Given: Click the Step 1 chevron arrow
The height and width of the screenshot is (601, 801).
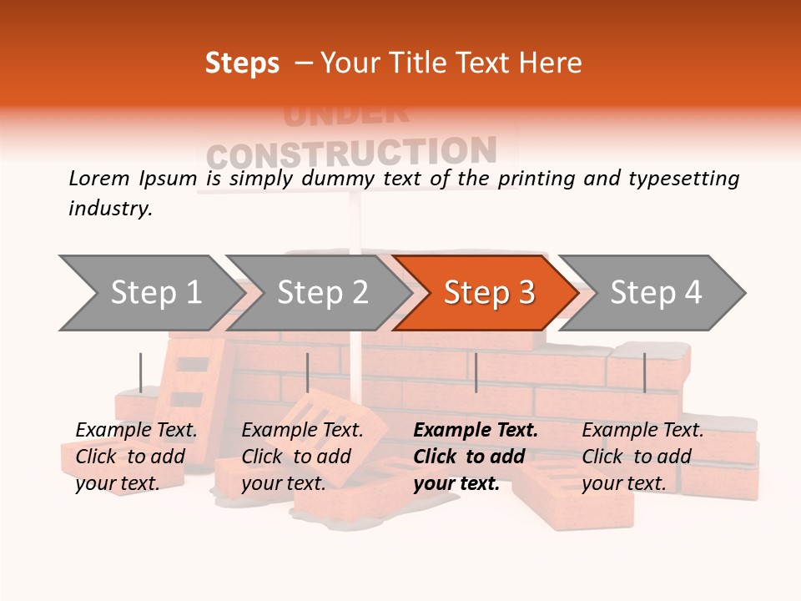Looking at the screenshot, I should pyautogui.click(x=150, y=293).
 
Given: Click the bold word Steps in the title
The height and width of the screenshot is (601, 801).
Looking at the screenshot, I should pyautogui.click(x=242, y=63).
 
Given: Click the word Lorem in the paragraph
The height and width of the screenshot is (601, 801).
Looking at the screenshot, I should pyautogui.click(x=98, y=178).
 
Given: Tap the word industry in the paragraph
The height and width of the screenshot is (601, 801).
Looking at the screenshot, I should pyautogui.click(x=109, y=209).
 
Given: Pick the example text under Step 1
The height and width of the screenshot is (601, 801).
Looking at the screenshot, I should pyautogui.click(x=135, y=457).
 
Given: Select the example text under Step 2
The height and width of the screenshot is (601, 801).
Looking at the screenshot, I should pyautogui.click(x=301, y=457).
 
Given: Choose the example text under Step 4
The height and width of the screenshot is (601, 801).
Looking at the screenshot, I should pyautogui.click(x=642, y=457).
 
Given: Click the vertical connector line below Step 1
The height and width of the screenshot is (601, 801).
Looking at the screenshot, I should pyautogui.click(x=141, y=372).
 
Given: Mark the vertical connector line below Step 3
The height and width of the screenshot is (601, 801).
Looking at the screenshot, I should pyautogui.click(x=476, y=372).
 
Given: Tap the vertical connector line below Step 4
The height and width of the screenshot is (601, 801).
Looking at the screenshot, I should pyautogui.click(x=644, y=372).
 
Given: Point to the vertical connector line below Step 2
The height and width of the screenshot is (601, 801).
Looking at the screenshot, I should pyautogui.click(x=308, y=372).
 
